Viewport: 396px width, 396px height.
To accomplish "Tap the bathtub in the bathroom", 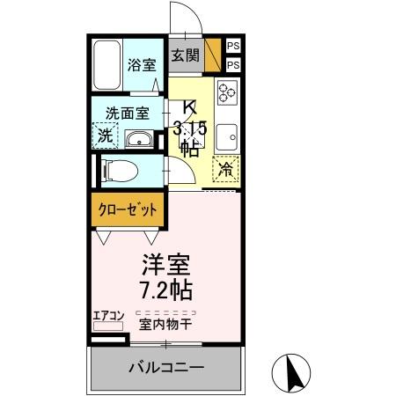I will click(x=107, y=64).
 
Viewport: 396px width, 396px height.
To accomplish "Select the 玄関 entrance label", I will click(x=185, y=55).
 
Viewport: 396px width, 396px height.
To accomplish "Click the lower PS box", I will click(x=233, y=65).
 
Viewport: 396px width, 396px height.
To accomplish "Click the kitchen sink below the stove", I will click(x=225, y=137).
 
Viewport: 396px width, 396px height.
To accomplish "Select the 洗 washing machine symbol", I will click(x=105, y=137).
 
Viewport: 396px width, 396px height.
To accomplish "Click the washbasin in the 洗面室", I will click(x=139, y=140).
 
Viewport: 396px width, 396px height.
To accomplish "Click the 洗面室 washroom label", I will click(x=128, y=113).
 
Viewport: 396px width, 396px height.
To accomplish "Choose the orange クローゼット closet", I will click(x=127, y=210).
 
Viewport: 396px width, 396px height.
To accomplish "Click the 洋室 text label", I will click(x=166, y=265).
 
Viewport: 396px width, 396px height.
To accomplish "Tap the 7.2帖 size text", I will click(x=166, y=289).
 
